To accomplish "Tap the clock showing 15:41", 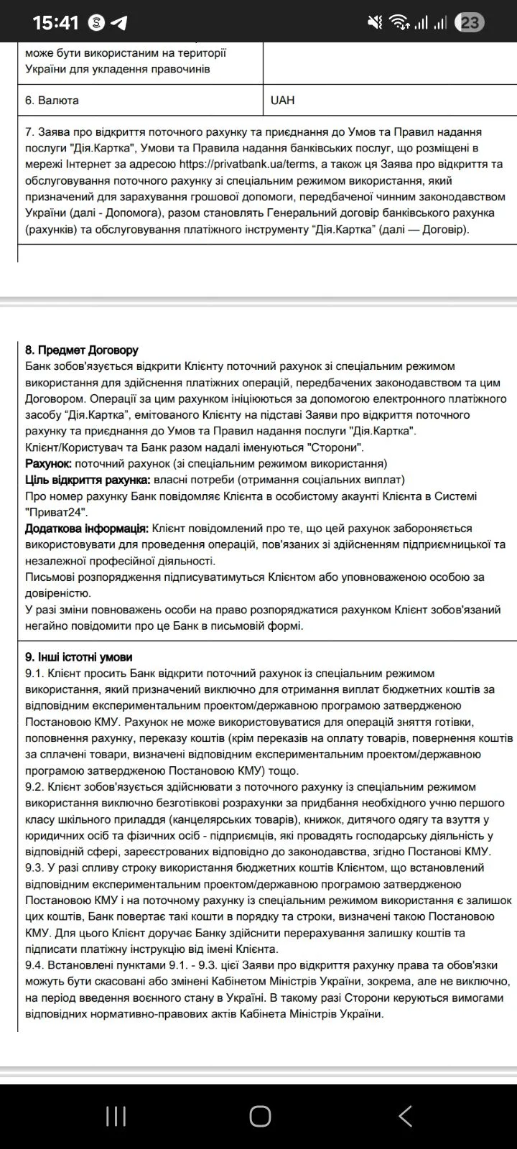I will tap(55, 23).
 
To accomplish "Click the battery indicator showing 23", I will tap(470, 23).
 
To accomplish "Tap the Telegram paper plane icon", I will tap(119, 24).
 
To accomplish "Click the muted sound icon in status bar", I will tap(375, 23).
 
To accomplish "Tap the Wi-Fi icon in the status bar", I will tap(399, 23).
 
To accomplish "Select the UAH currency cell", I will tap(283, 101).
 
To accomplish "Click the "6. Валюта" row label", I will tap(52, 101).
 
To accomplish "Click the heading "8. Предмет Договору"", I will tap(81, 350).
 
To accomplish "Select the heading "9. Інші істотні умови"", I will tap(78, 657).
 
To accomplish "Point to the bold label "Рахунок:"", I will tap(48, 463).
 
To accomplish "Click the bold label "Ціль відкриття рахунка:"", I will tap(88, 480).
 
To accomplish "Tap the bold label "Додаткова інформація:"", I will tap(87, 529).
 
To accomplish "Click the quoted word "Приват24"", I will tap(57, 512).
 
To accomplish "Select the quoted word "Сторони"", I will tap(331, 447).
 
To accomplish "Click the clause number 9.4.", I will tap(34, 965).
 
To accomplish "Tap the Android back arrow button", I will tap(405, 1116).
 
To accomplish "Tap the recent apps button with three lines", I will tap(116, 1116).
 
